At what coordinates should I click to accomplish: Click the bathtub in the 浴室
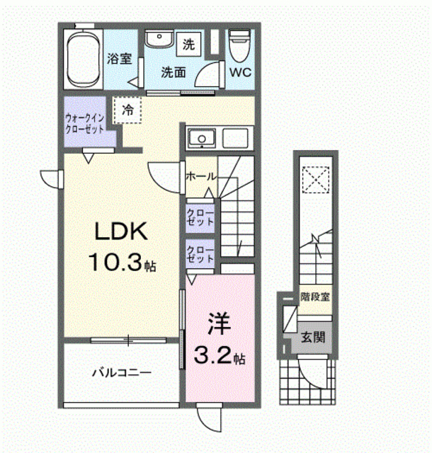84,59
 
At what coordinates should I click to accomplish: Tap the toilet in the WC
239,46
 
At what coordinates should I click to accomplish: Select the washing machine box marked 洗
189,44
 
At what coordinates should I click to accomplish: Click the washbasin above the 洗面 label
159,39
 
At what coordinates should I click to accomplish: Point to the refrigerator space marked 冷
127,110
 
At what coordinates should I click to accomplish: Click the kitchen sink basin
202,138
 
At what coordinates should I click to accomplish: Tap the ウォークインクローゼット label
84,123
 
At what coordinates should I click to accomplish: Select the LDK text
121,231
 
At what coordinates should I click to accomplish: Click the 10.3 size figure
115,262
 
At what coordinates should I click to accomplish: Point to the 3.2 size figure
213,355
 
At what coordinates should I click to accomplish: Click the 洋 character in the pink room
219,323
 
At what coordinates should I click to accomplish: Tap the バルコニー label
122,373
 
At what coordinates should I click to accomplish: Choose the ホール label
201,176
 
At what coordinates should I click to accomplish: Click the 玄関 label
313,337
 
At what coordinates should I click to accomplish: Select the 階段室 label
315,297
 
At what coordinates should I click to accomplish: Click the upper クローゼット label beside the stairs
200,217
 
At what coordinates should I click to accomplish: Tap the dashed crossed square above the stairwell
316,180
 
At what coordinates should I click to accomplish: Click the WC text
241,72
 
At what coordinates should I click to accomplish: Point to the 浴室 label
120,59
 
